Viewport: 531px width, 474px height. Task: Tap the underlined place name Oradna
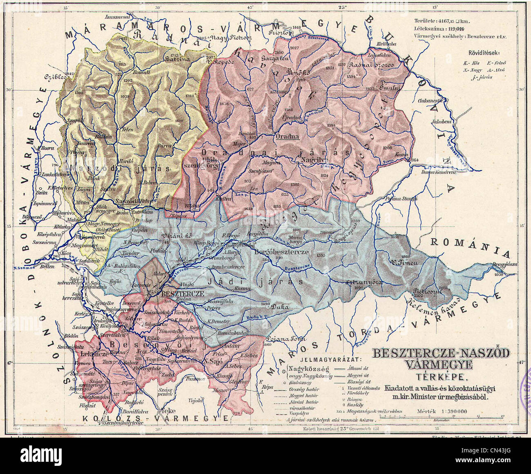(288, 136)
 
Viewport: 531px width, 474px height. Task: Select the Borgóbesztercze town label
(281, 252)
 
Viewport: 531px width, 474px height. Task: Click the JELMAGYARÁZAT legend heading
(331, 360)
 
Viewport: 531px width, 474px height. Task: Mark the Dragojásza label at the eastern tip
(504, 264)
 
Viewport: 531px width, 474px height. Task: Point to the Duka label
(280, 307)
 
